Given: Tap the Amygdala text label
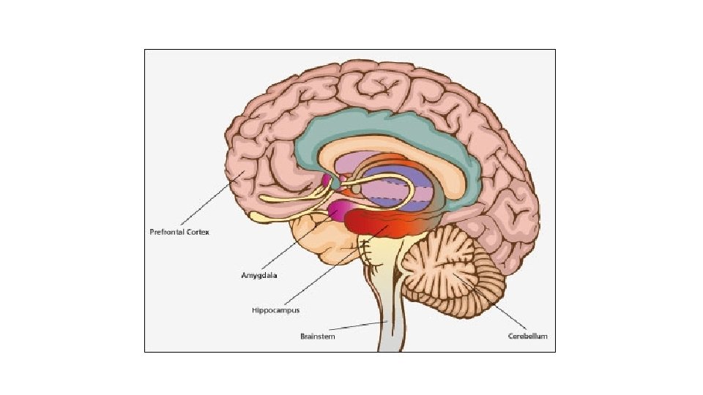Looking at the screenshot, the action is tap(258, 276).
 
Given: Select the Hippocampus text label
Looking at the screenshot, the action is tap(271, 310).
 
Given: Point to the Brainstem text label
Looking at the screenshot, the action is tap(318, 336).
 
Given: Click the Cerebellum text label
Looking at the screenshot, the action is tap(527, 336).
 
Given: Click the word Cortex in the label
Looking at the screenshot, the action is tap(197, 232).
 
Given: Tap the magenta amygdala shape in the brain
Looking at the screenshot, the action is tap(341, 211).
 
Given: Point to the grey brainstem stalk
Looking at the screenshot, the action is tap(388, 315).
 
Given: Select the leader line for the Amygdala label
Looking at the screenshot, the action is tap(293, 245).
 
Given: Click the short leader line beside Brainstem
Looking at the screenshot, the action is tap(359, 326).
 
